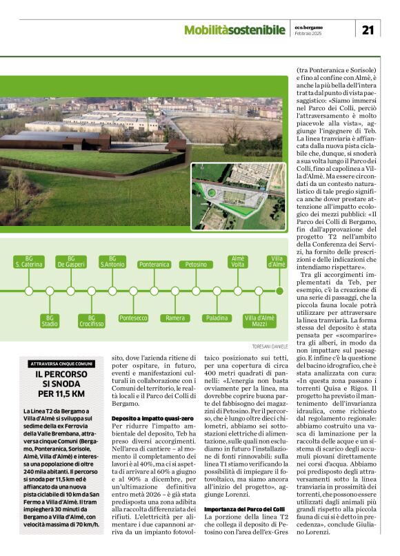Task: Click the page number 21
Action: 368,29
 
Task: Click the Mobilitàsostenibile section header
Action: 234,30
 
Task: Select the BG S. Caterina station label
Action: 29,262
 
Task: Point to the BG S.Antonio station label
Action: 112,262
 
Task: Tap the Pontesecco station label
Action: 133,318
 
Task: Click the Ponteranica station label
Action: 154,264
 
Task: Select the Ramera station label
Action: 175,318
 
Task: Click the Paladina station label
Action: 217,318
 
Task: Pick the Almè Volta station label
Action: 238,262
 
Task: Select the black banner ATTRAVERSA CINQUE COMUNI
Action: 61,363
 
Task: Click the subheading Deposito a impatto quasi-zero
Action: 141,418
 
